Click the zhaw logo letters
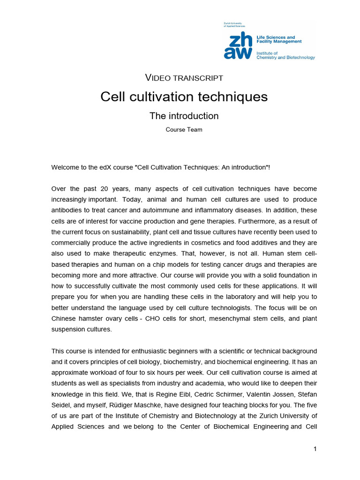[238, 46]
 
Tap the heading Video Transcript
[184, 77]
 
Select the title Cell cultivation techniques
[184, 97]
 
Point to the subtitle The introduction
[184, 116]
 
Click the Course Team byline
[184, 130]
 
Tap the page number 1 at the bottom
[315, 449]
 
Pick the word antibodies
[66, 210]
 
